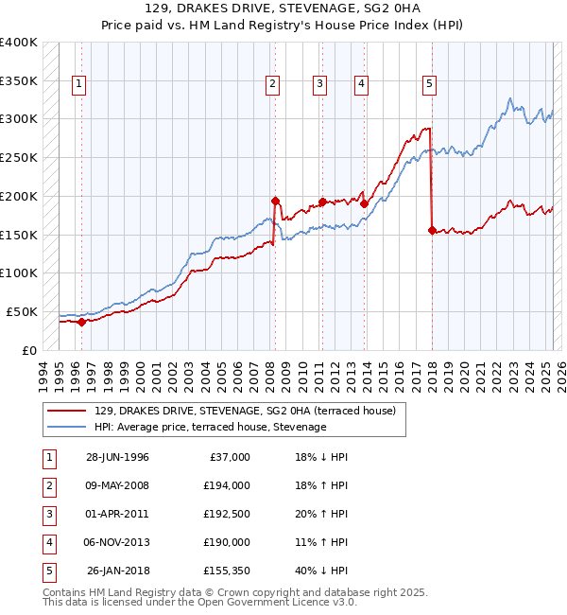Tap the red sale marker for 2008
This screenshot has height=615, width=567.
(275, 201)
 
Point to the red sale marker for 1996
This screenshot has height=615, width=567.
(81, 322)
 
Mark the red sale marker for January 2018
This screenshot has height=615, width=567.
(432, 230)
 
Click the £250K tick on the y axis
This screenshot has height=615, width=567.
(19, 157)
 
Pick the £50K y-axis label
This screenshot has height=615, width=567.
(22, 311)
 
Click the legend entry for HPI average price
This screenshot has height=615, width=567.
(210, 428)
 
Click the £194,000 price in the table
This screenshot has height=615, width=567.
(226, 485)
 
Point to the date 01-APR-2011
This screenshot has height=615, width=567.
(117, 514)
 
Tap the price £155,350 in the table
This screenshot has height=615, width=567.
(226, 571)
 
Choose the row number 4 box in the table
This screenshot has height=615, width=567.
(47, 542)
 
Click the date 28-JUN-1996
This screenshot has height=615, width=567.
(117, 457)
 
